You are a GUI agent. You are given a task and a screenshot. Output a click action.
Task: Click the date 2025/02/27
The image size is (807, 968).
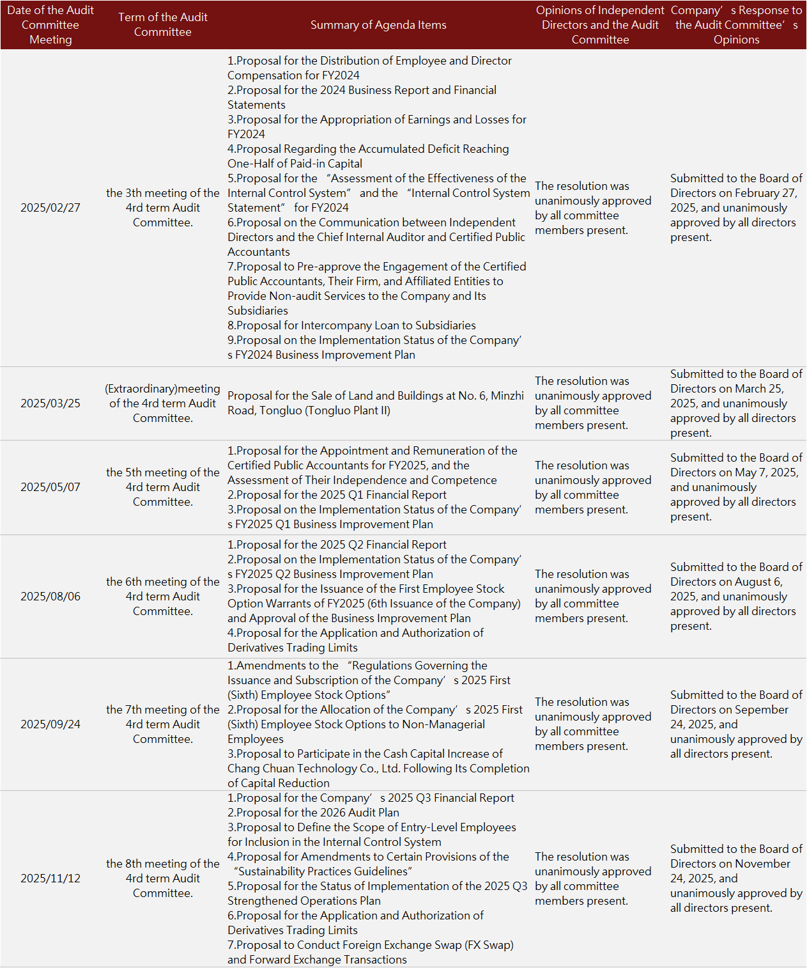point(50,208)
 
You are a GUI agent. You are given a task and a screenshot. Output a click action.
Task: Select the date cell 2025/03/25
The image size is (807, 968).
point(50,403)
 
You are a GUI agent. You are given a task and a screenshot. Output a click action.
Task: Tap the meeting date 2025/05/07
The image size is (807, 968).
point(50,487)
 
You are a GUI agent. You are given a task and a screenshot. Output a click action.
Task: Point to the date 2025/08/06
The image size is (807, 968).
point(50,597)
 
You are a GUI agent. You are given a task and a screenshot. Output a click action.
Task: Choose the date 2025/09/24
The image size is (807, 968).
point(50,724)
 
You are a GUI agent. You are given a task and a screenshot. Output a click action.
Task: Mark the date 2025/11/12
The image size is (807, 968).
point(50,878)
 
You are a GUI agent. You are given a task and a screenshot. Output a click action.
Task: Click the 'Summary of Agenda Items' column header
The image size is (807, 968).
point(378,25)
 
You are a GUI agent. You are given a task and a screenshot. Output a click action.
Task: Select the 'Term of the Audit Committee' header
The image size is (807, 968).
point(163,25)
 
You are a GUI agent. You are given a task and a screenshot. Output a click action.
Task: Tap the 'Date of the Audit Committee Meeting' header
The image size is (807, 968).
point(50,25)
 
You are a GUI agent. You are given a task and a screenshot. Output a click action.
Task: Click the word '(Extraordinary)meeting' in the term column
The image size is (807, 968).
point(162,389)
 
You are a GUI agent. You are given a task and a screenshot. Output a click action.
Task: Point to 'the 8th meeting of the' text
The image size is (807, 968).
point(163,864)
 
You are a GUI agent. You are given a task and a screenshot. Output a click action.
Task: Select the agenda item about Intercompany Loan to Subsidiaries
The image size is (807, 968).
point(351,325)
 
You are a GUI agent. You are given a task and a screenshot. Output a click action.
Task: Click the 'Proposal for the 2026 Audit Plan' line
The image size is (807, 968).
point(313,813)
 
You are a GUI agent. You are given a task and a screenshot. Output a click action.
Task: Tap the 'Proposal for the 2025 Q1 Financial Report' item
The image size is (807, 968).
point(337,495)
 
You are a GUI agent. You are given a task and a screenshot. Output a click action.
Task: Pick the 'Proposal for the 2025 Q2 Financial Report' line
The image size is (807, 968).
point(337,545)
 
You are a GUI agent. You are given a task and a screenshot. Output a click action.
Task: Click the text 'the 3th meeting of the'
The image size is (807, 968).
point(163,193)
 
